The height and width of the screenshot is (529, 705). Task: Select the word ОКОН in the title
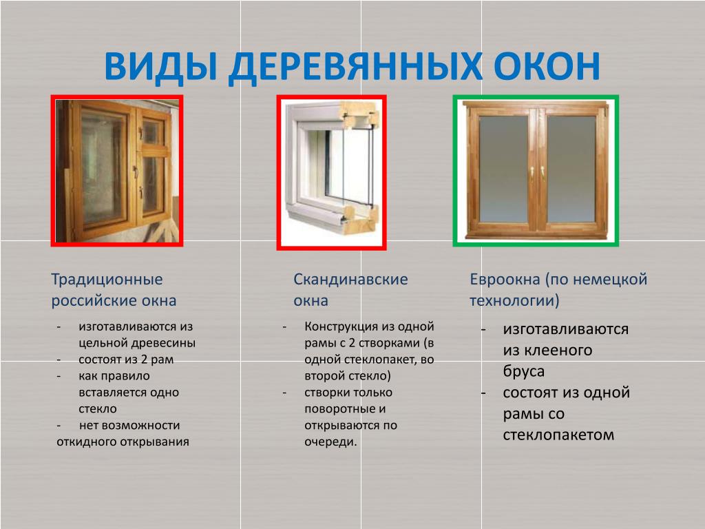click(546, 66)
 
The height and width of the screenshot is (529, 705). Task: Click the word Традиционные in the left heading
click(107, 280)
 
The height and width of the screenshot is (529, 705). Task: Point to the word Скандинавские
click(350, 280)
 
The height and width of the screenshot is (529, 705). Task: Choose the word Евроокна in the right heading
click(505, 280)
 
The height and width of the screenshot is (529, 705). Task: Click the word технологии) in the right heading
click(514, 300)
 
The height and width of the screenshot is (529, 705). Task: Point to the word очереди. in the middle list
click(330, 442)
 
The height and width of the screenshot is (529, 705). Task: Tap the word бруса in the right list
click(524, 372)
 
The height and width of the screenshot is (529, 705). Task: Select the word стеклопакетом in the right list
click(558, 435)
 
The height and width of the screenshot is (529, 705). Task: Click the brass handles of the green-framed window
click(537, 172)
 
